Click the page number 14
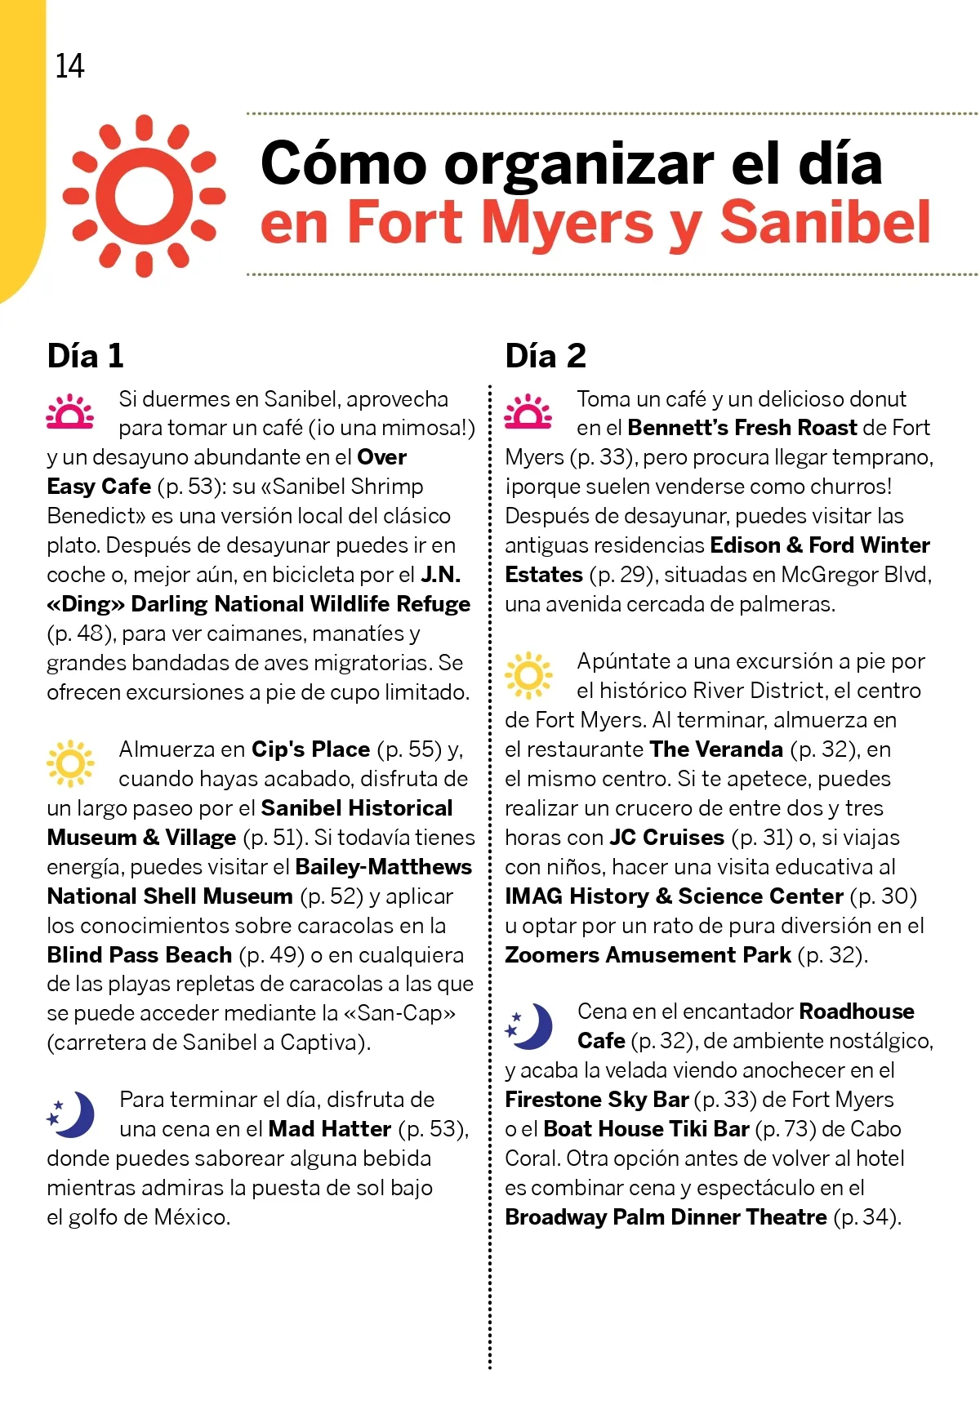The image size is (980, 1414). (x=69, y=66)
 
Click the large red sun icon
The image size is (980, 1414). (x=145, y=195)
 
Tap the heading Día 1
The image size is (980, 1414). (x=86, y=356)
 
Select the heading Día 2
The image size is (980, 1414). (x=546, y=356)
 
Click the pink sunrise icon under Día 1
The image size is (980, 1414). (x=70, y=412)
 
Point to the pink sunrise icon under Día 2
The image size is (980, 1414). (x=528, y=412)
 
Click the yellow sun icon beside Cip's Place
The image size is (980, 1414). (x=70, y=763)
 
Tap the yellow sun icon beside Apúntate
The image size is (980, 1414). (x=528, y=675)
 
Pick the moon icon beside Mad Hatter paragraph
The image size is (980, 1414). (x=71, y=1114)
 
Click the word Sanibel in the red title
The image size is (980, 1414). (x=825, y=222)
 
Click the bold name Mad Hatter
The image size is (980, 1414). (x=330, y=1129)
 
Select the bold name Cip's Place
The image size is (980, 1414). (x=310, y=749)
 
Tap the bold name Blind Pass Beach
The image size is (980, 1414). (x=140, y=955)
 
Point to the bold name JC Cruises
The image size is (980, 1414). (x=667, y=838)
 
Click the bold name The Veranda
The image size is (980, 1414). (x=716, y=749)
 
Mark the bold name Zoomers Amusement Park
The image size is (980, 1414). (x=648, y=955)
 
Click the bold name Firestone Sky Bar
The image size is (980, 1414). (x=597, y=1100)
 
